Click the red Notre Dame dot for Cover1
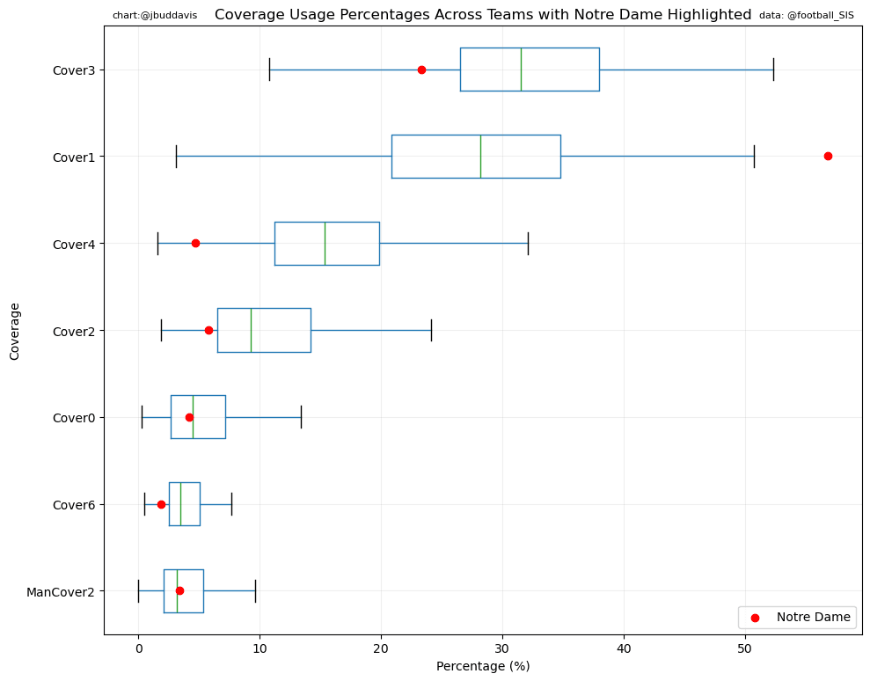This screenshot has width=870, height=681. (828, 156)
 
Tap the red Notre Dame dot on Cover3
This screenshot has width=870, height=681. (421, 70)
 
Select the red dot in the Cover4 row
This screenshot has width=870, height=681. (195, 243)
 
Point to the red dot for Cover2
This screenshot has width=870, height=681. (208, 330)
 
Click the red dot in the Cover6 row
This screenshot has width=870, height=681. (161, 504)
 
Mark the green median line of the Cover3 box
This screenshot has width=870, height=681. (521, 70)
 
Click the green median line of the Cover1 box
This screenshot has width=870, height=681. (480, 156)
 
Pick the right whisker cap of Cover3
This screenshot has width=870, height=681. (773, 70)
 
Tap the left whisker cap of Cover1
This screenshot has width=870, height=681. (176, 156)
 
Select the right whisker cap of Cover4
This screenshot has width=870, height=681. (528, 243)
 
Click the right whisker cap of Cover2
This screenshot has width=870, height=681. (431, 330)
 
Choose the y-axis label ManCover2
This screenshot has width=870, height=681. (61, 592)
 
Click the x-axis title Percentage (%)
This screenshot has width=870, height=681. (483, 667)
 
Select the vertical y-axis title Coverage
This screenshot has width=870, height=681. (14, 331)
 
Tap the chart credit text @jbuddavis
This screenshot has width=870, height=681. (155, 16)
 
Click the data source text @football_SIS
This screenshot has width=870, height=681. (807, 16)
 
